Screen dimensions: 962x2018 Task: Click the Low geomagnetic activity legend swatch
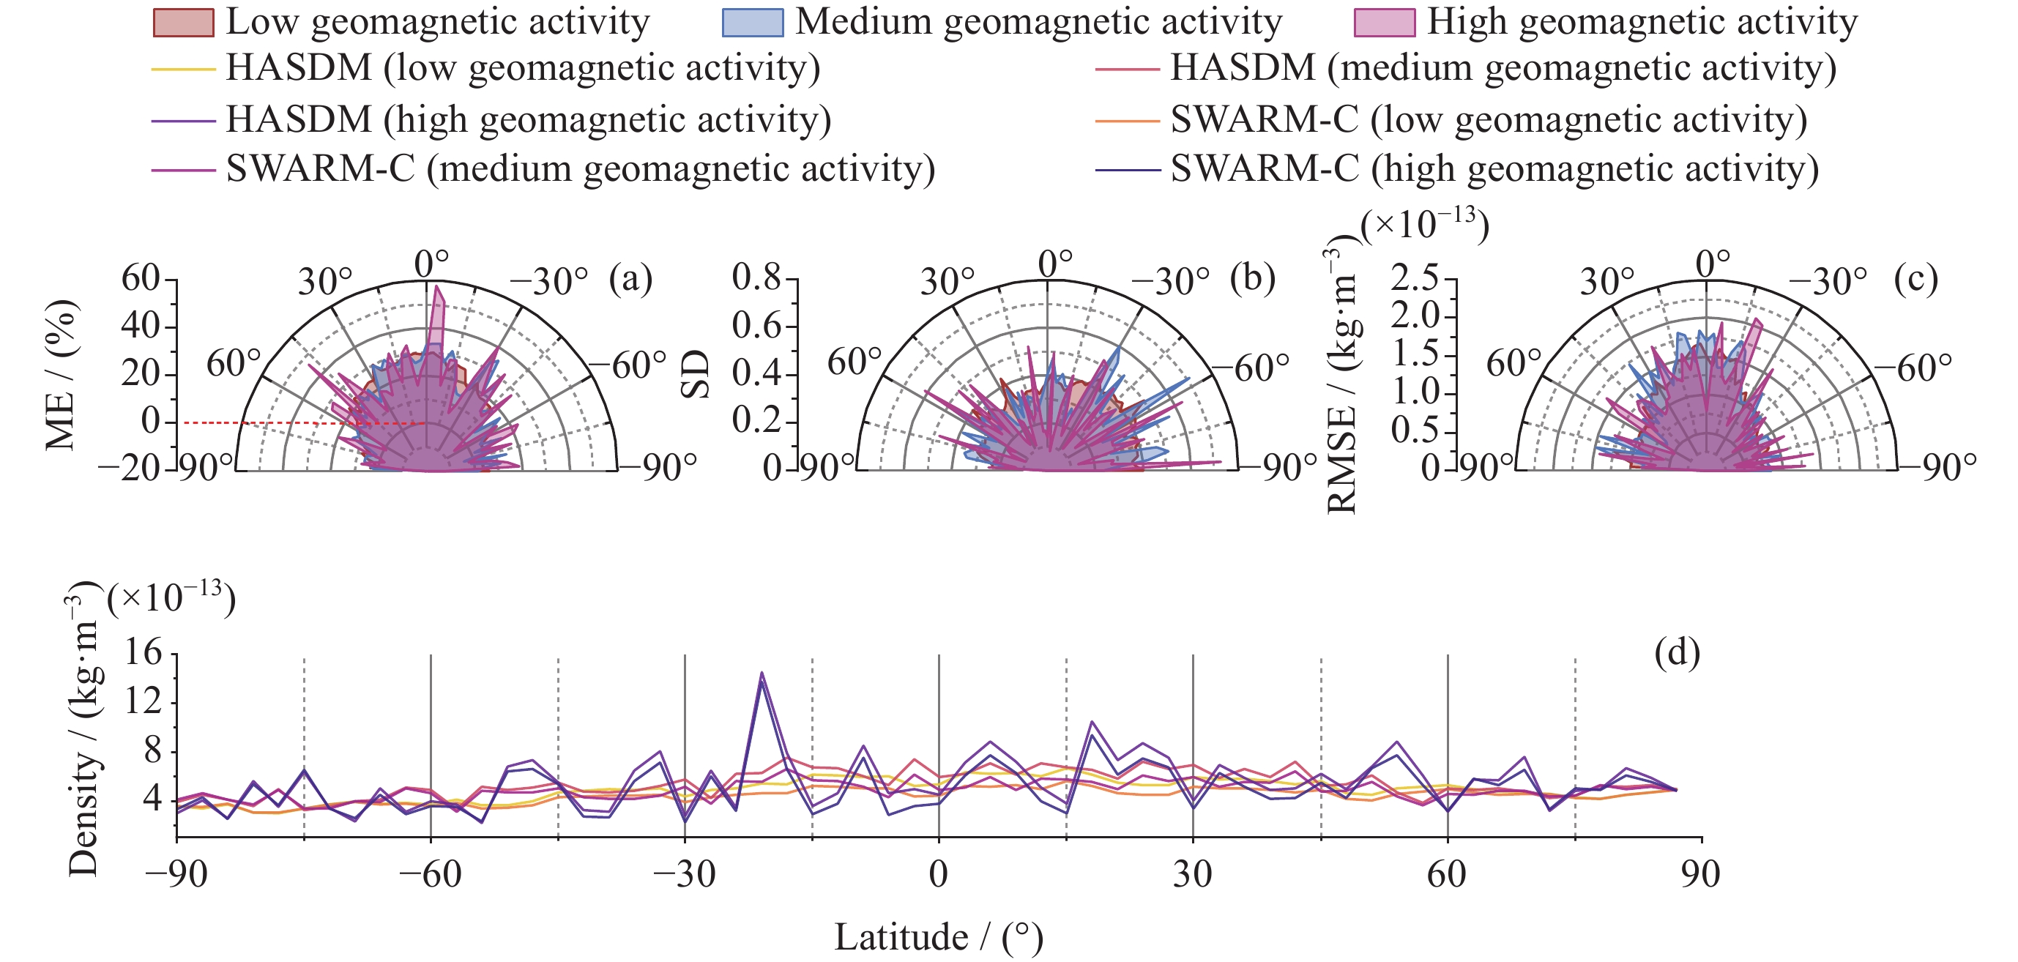(183, 23)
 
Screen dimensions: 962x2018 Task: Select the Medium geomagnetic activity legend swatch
(752, 23)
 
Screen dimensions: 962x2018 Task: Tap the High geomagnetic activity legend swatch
(1384, 23)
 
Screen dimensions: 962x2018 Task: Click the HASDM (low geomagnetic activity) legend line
(183, 70)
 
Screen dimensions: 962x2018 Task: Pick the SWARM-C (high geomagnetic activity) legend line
(1128, 170)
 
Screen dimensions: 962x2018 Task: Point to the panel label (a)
(630, 280)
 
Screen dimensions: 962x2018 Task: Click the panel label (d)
(1677, 652)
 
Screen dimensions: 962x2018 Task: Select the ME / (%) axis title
(61, 374)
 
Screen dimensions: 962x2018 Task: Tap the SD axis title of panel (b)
(694, 374)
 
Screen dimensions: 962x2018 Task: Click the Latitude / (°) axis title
(939, 937)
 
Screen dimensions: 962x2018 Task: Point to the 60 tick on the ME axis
(141, 278)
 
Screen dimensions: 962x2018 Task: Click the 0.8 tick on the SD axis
(757, 278)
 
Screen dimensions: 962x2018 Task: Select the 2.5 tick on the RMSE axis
(1415, 278)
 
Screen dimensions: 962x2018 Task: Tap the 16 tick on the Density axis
(143, 652)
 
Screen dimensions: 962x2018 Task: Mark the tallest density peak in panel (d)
(762, 673)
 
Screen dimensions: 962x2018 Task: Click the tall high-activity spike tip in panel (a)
(437, 287)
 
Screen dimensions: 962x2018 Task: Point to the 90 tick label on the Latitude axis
(1701, 874)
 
